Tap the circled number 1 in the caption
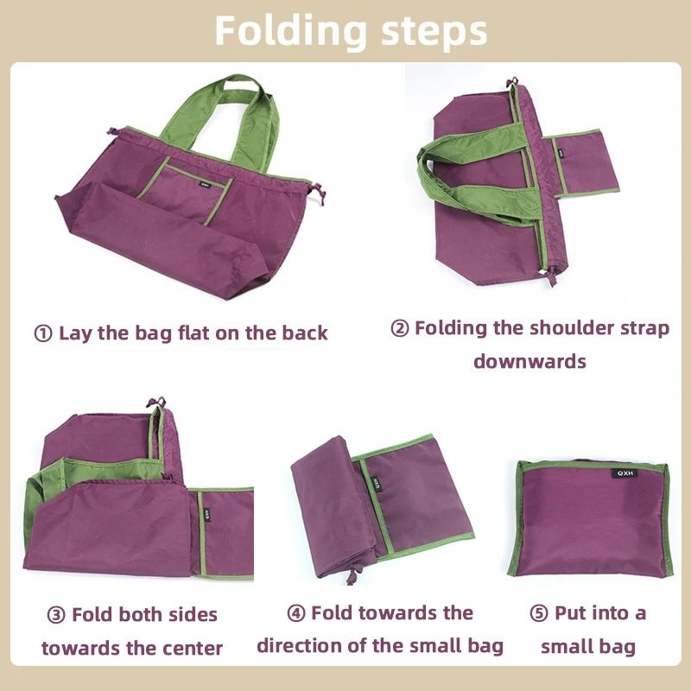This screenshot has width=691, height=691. [x=43, y=333]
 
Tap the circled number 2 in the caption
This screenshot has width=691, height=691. [x=400, y=329]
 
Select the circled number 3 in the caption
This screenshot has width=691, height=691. [x=56, y=615]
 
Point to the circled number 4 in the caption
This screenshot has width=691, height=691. [x=296, y=613]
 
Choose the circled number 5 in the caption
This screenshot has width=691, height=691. [x=539, y=613]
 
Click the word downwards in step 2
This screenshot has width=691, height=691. [x=529, y=361]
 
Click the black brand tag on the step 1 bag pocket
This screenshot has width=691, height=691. [x=203, y=182]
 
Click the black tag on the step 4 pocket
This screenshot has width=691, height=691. [x=377, y=483]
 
